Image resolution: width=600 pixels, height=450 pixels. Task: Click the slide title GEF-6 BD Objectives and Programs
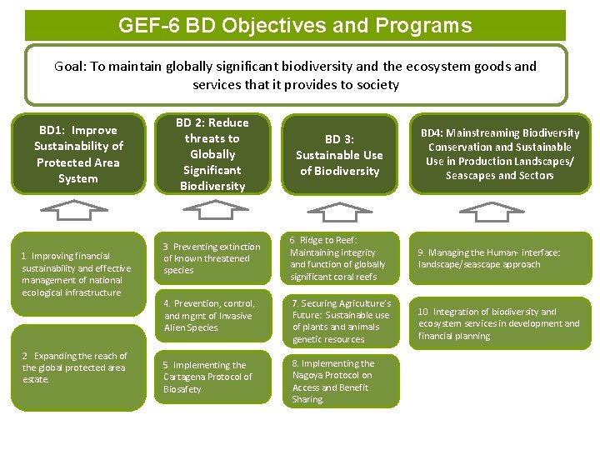point(295,25)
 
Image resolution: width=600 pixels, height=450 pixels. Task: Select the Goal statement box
point(295,75)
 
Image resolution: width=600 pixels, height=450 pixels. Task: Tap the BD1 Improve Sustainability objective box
point(78,154)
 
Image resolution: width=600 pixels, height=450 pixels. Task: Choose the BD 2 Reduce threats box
point(212,154)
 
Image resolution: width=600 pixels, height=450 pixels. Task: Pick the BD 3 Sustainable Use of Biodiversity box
point(339,154)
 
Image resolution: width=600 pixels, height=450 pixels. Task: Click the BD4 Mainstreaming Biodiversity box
point(499,154)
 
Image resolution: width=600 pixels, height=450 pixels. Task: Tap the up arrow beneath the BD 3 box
point(338,212)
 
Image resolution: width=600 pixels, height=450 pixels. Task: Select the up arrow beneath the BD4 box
point(500,212)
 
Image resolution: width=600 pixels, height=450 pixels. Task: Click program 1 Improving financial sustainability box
point(77,273)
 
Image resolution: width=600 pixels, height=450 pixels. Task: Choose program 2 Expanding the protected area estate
point(77,367)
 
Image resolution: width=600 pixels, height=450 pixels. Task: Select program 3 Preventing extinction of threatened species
point(214,258)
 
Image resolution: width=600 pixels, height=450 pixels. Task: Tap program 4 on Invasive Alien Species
point(214,315)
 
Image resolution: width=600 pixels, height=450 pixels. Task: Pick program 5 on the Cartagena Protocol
point(214,377)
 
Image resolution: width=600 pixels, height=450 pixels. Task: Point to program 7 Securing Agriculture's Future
point(342,321)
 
